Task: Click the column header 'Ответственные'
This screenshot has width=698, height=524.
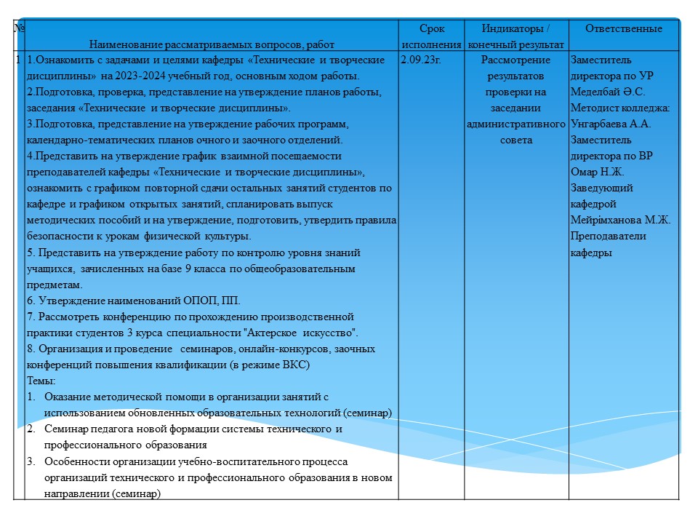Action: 624,29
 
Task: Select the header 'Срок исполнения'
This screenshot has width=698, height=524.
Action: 432,37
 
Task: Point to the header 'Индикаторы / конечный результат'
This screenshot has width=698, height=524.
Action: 516,37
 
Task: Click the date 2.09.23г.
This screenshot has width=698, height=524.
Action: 421,60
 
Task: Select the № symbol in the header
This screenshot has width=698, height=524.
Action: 20,29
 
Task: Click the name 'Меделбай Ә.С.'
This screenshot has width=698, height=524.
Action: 608,92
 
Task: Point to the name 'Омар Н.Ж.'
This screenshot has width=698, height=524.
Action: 598,172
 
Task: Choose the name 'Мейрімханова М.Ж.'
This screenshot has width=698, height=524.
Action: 620,220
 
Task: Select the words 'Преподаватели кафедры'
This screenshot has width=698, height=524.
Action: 608,244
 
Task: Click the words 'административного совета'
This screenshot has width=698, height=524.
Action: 516,132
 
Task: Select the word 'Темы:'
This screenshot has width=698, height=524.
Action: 41,381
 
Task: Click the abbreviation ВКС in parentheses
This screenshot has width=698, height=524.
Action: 295,365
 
